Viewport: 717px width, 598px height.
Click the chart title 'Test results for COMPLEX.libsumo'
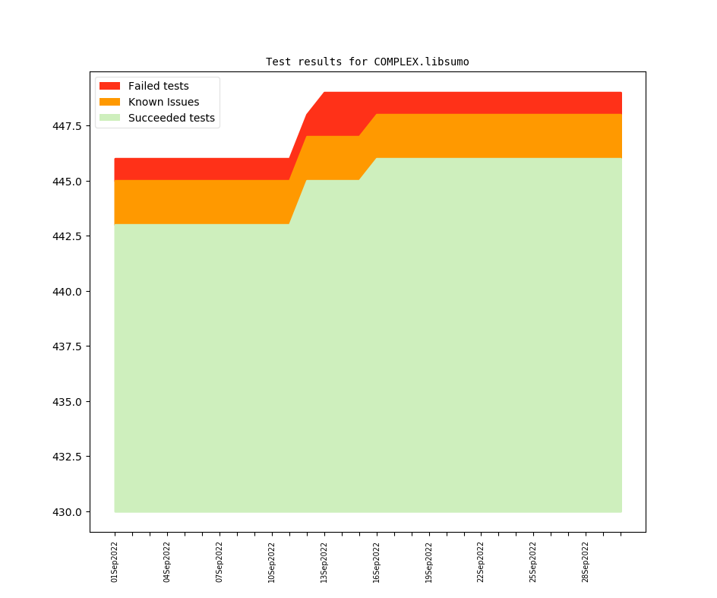[x=367, y=62]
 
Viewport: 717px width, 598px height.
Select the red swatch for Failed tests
[x=109, y=86]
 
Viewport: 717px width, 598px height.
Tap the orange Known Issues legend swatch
[x=109, y=102]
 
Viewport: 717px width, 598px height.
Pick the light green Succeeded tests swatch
[x=109, y=118]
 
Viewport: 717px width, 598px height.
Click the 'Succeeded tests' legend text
[x=171, y=118]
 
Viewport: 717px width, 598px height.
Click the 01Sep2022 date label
[x=115, y=562]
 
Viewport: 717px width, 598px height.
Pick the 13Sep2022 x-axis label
[x=324, y=562]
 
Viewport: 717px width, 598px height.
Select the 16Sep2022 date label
[x=377, y=562]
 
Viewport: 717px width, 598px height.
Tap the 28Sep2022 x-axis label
[x=586, y=562]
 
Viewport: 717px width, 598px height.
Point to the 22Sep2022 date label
[x=481, y=562]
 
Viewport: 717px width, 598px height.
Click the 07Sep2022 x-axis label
[x=220, y=562]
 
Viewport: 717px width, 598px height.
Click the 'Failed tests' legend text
[x=158, y=86]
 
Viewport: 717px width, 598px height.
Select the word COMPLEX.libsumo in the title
[x=422, y=62]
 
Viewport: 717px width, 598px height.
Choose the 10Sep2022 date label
[x=272, y=562]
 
